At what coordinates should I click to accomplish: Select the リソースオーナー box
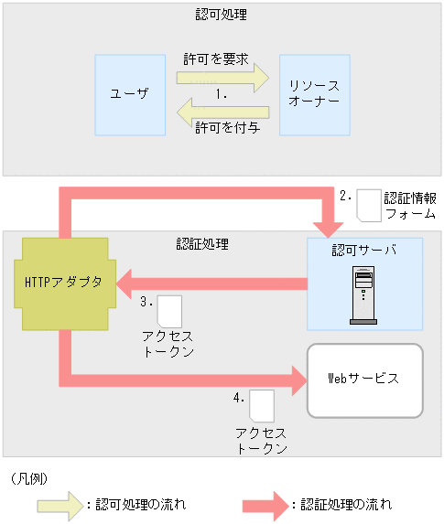tap(314, 95)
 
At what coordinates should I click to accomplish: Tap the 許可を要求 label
tap(215, 59)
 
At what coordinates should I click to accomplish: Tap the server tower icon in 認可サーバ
tap(364, 294)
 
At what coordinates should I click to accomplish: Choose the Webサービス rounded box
tap(364, 379)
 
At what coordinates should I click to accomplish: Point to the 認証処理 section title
tap(202, 244)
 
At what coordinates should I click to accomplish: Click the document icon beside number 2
tap(368, 205)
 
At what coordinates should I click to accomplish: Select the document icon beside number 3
tap(169, 311)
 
